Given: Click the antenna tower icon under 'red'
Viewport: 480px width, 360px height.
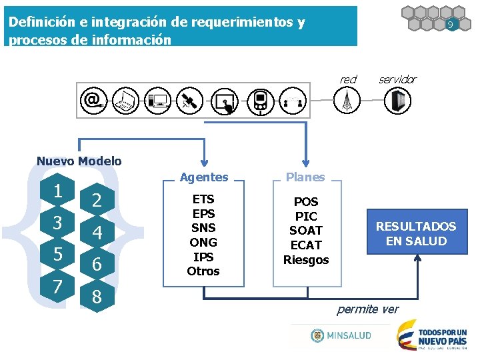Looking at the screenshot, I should (x=347, y=100).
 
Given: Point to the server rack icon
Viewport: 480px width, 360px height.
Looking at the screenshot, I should (x=398, y=100).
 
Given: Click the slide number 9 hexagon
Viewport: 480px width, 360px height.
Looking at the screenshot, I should (x=451, y=25).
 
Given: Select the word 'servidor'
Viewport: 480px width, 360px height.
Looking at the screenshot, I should (x=397, y=79).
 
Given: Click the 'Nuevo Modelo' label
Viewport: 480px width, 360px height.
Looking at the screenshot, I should (x=79, y=161).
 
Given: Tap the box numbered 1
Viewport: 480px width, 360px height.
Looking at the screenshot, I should (x=58, y=191).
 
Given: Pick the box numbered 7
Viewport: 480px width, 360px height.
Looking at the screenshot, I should (x=58, y=287).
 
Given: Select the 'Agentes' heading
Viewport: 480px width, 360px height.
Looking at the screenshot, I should (x=204, y=177).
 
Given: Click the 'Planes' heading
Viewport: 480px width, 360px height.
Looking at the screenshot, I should (x=305, y=177).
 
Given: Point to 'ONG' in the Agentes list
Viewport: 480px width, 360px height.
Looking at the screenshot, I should (x=203, y=242).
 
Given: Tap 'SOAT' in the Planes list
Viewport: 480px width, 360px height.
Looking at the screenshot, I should (x=306, y=231).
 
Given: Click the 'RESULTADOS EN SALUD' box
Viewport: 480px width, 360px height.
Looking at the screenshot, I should (x=416, y=234).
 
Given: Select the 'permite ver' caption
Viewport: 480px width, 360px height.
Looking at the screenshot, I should (x=368, y=309).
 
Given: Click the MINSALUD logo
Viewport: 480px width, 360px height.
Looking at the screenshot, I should (x=341, y=335).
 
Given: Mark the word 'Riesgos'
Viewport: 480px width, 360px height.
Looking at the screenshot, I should (x=306, y=259).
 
